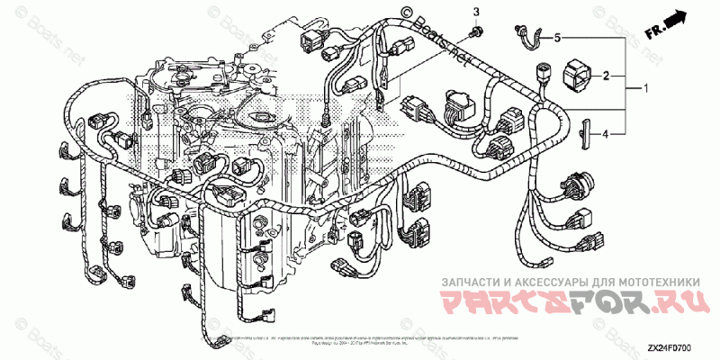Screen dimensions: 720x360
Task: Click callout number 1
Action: click(x=645, y=89)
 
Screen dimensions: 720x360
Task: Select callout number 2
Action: click(x=607, y=76)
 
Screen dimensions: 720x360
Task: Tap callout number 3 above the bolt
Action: click(x=477, y=12)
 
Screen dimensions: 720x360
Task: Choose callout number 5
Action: click(x=557, y=38)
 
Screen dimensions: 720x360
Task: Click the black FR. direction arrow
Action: click(x=672, y=21)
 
